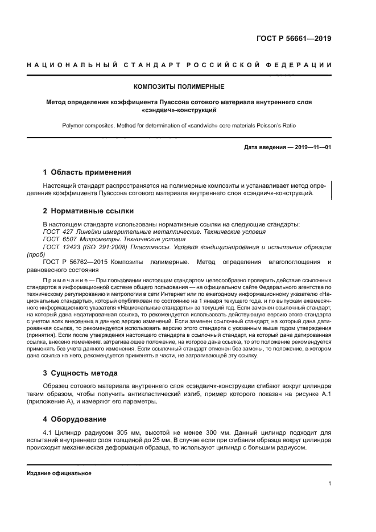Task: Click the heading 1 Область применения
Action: point(87,172)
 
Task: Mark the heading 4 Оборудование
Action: point(75,419)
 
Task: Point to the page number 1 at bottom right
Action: point(329,484)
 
